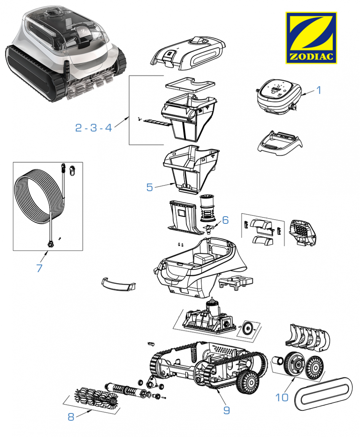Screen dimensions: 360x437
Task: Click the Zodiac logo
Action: coord(311,38)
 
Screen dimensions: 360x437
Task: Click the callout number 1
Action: coord(319,90)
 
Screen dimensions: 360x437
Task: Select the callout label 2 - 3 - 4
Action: coord(94,128)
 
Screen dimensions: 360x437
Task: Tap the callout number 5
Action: coord(150,187)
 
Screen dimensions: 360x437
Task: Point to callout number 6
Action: coord(225,220)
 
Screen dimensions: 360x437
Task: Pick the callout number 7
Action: coord(39,268)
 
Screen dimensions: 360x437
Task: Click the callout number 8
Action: coord(71,417)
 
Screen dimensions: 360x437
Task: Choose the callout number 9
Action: coord(226,410)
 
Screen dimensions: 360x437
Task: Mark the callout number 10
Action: coord(282,397)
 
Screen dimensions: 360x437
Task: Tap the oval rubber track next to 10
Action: coord(323,394)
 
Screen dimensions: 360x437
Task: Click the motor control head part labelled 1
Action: coord(279,97)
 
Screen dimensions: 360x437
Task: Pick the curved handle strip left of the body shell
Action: coord(118,285)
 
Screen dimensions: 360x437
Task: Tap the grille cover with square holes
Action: coord(303,233)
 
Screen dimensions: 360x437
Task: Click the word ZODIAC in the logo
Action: coord(311,57)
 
